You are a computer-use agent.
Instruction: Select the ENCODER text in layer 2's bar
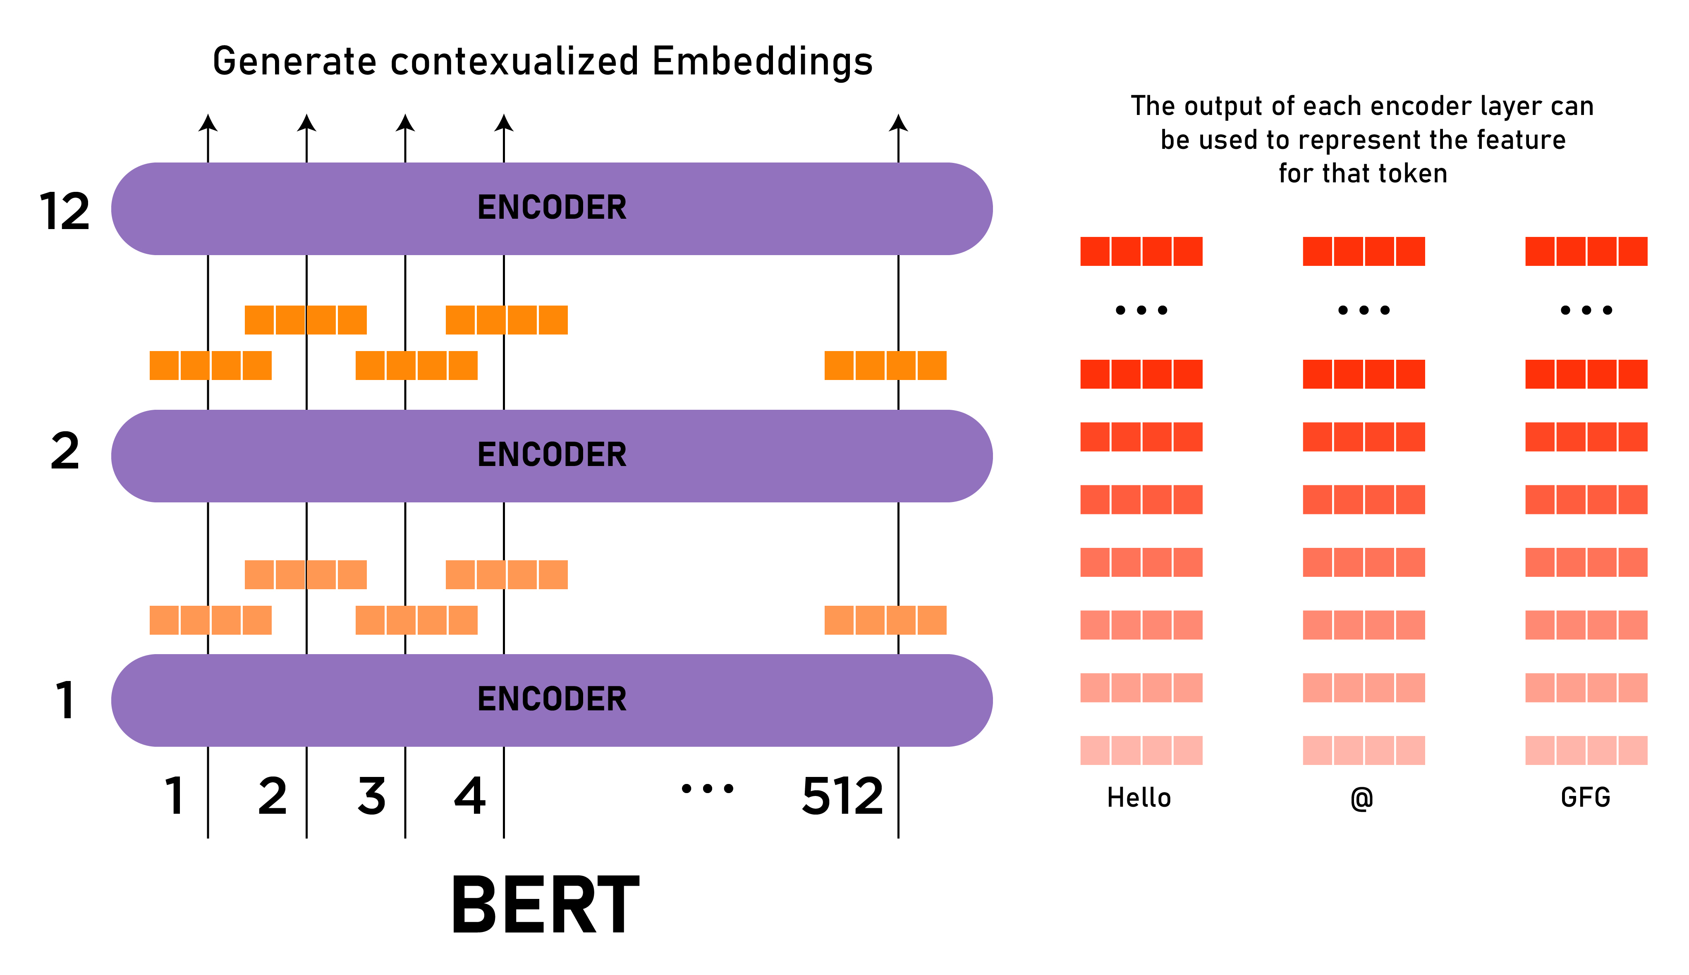(x=552, y=455)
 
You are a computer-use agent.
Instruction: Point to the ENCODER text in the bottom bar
(x=552, y=699)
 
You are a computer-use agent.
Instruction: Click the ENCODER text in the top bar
(x=552, y=208)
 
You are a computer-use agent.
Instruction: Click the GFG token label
(x=1585, y=798)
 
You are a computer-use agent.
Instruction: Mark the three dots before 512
(x=707, y=789)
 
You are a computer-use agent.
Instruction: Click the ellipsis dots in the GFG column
(x=1586, y=310)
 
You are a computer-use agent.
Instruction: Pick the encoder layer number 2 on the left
(x=65, y=452)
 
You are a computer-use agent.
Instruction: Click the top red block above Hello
(x=1141, y=251)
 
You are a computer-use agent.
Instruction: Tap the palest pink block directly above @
(x=1364, y=750)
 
